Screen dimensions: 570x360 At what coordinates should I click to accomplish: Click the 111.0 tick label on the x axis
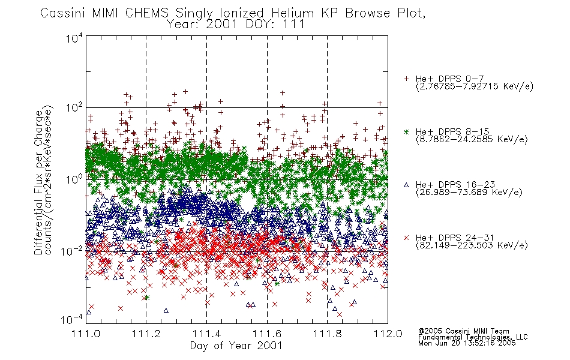86,334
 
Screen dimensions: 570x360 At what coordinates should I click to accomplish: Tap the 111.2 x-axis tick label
146,334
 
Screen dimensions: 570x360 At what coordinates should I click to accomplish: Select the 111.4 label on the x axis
206,334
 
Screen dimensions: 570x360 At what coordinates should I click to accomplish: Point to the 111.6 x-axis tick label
267,334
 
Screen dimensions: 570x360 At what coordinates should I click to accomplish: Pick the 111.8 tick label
327,334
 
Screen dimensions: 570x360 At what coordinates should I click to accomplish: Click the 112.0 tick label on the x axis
388,334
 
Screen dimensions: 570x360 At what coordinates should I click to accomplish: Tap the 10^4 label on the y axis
74,38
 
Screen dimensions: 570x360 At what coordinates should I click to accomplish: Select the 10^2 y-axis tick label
74,108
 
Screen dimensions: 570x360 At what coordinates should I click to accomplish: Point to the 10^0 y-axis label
74,179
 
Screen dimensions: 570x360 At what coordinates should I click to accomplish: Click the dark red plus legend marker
406,79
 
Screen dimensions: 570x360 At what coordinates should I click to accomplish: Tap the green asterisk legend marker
406,131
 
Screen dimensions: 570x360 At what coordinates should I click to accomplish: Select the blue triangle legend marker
406,185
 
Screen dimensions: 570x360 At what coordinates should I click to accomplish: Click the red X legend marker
406,238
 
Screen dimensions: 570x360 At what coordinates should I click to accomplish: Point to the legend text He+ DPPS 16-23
455,185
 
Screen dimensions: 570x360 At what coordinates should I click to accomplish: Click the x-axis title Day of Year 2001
236,346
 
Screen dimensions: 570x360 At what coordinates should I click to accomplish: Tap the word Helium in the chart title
293,13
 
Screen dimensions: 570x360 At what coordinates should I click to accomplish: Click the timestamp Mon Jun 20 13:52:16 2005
467,343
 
